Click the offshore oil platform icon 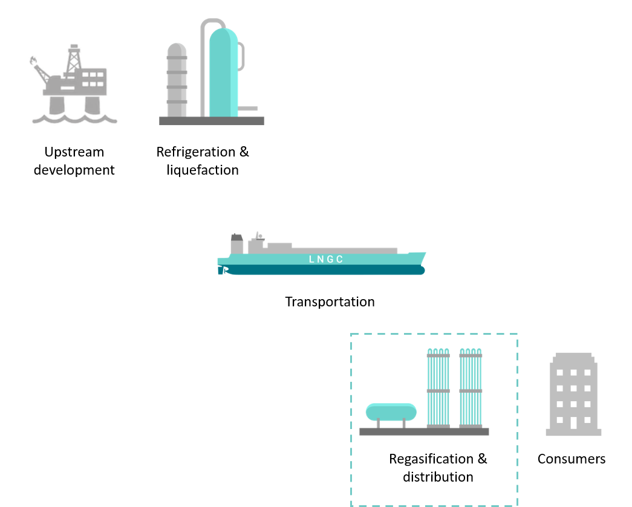pyautogui.click(x=73, y=85)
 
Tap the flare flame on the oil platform pyautogui.click(x=33, y=60)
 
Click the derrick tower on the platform pyautogui.click(x=74, y=57)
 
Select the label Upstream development pyautogui.click(x=74, y=161)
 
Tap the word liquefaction pyautogui.click(x=202, y=170)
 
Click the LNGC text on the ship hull pyautogui.click(x=326, y=259)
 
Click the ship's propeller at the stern pyautogui.click(x=222, y=270)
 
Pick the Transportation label pyautogui.click(x=330, y=302)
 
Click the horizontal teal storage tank pyautogui.click(x=391, y=412)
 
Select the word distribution pyautogui.click(x=438, y=477)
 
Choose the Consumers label pyautogui.click(x=571, y=459)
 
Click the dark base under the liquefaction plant pyautogui.click(x=211, y=121)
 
